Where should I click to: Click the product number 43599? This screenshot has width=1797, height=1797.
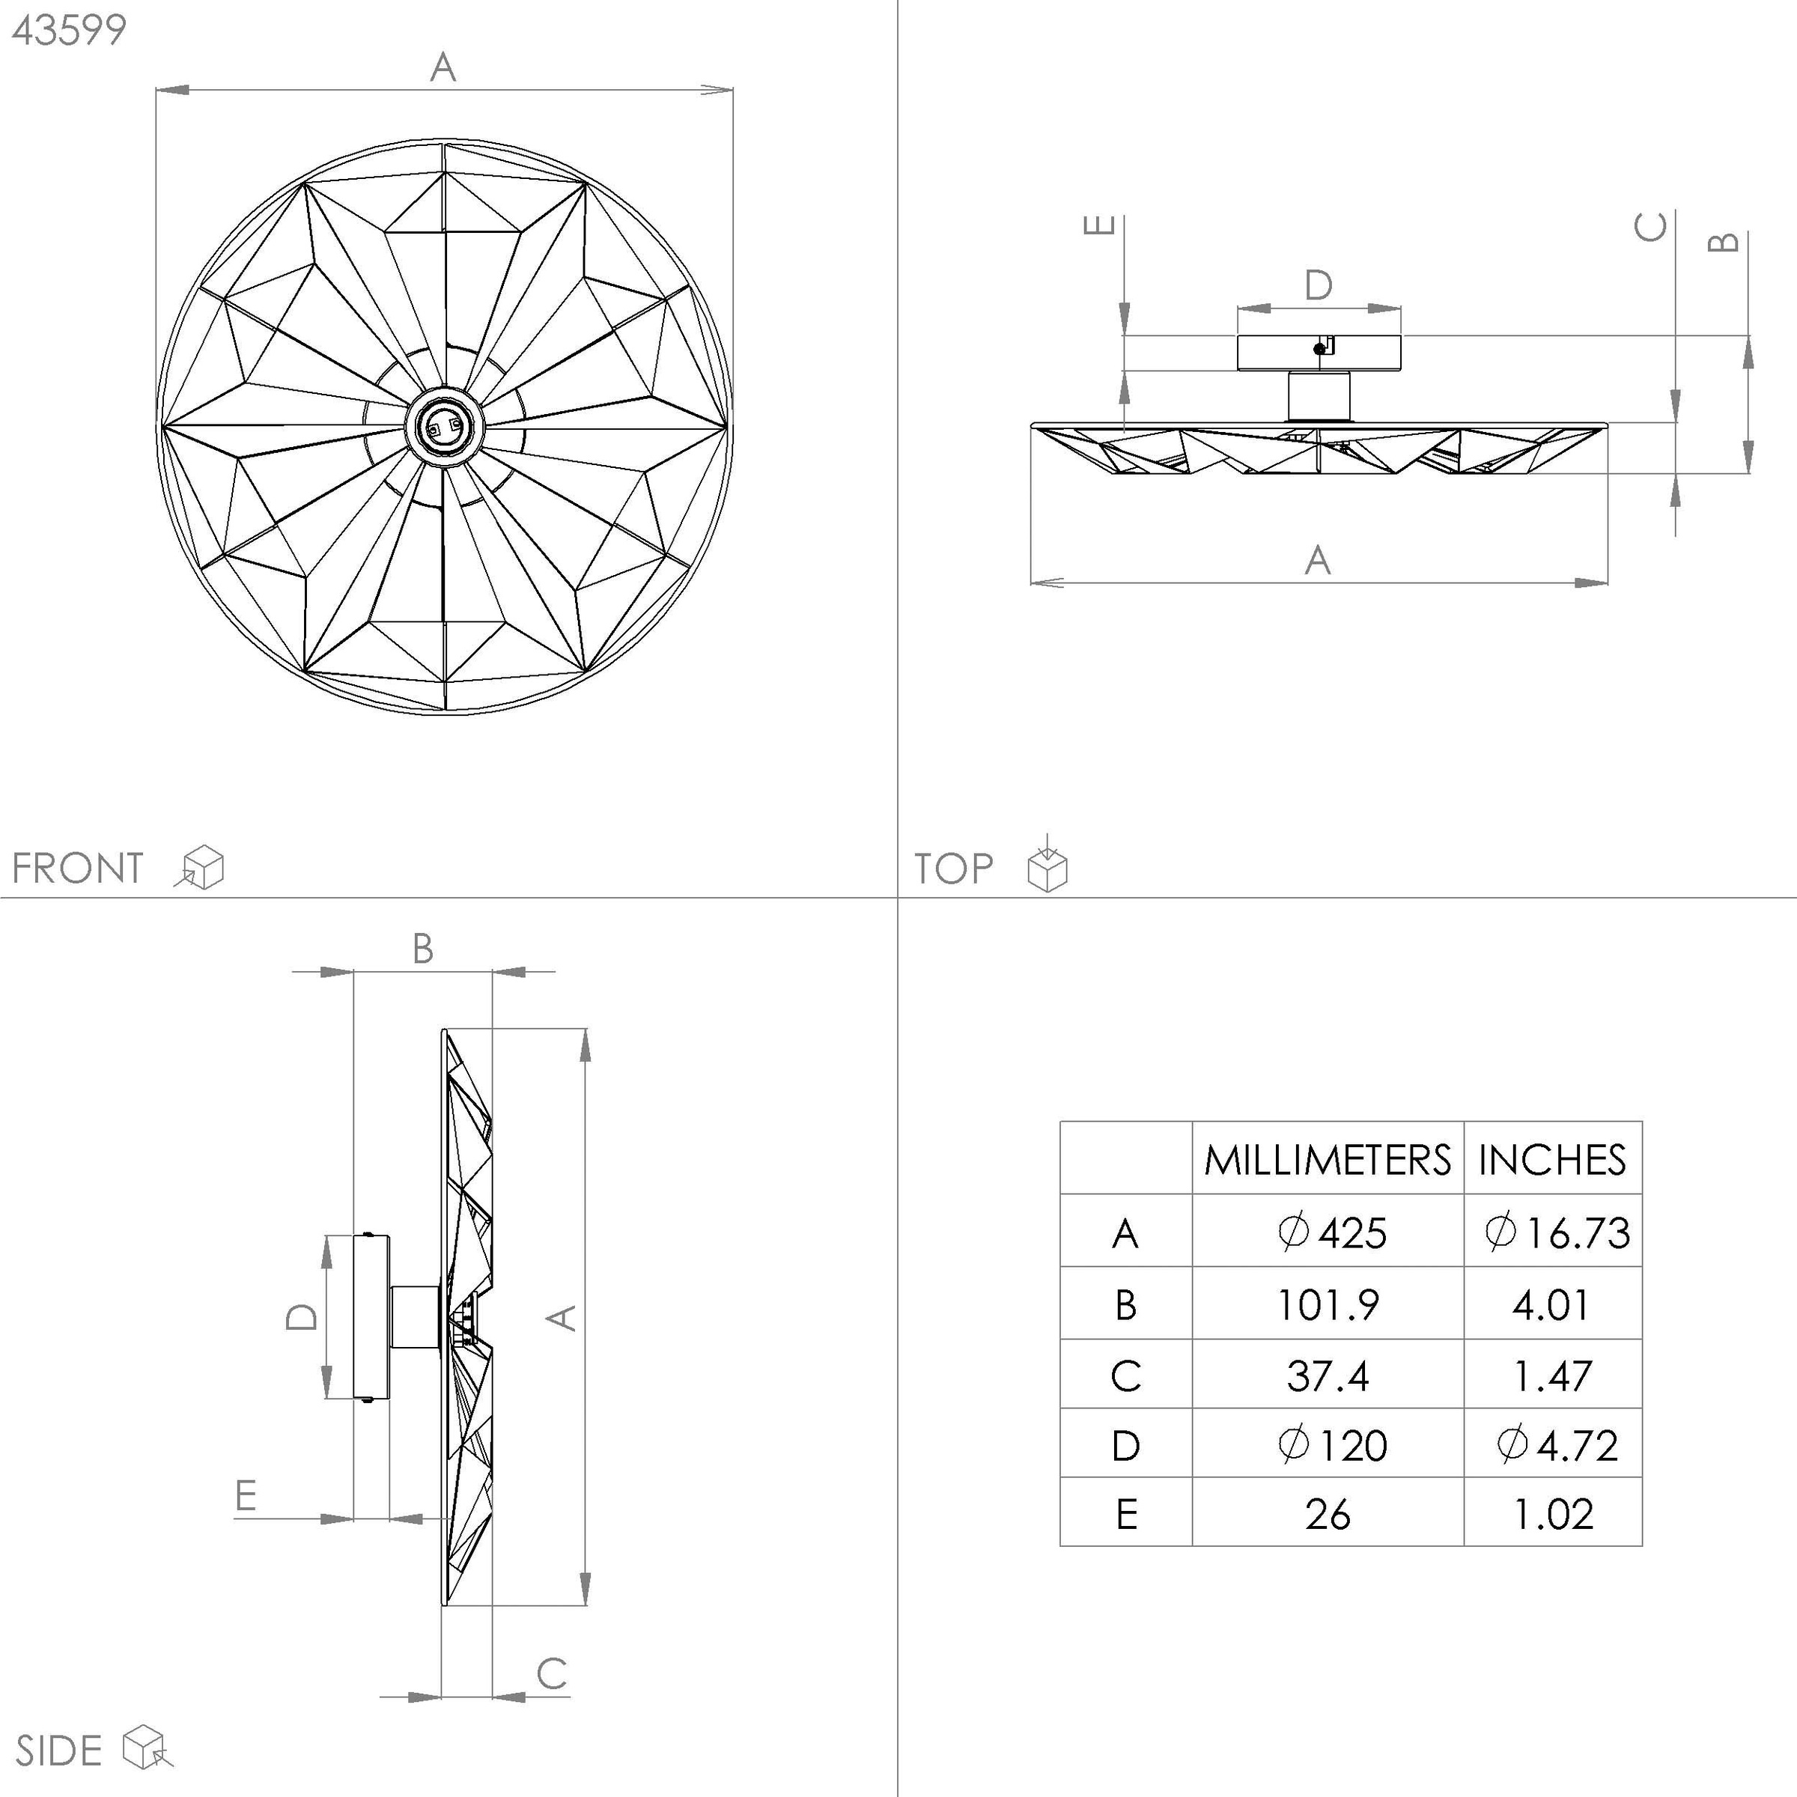point(69,31)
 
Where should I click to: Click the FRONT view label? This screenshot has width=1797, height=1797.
point(78,869)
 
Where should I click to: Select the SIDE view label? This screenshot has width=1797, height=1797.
point(58,1751)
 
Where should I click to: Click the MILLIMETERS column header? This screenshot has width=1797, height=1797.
point(1328,1160)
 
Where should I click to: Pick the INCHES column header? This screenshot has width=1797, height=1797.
point(1552,1160)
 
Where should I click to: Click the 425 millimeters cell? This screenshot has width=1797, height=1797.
point(1333,1233)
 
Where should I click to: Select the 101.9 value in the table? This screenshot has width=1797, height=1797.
point(1328,1305)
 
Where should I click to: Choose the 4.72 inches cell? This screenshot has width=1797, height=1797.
point(1558,1445)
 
